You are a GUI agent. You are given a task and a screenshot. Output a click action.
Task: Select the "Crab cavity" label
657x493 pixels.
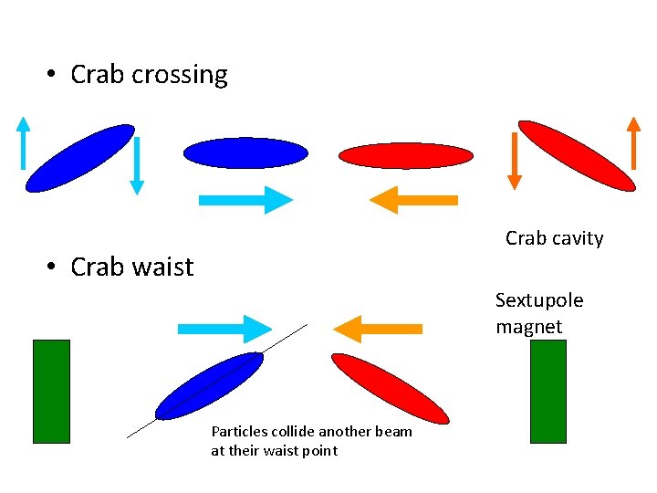(x=554, y=238)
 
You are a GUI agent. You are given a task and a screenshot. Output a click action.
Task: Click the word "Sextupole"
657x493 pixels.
(x=538, y=300)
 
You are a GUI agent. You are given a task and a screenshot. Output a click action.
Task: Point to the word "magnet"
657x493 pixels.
(x=528, y=326)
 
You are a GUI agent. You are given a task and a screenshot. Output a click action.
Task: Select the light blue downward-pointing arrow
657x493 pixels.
(x=136, y=165)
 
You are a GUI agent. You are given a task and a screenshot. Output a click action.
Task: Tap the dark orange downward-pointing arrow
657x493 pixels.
(x=514, y=160)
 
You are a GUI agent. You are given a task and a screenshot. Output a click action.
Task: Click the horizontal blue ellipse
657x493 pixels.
(x=245, y=153)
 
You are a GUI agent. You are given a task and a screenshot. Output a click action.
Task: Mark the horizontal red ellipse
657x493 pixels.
(x=406, y=156)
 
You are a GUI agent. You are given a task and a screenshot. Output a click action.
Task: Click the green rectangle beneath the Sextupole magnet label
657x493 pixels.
(x=547, y=391)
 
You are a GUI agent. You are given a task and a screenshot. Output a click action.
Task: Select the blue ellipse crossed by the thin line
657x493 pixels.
(x=209, y=385)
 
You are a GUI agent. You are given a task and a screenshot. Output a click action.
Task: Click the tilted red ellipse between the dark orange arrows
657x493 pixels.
(x=576, y=155)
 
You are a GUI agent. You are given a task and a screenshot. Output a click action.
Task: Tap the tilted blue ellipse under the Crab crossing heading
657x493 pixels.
(x=79, y=158)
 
